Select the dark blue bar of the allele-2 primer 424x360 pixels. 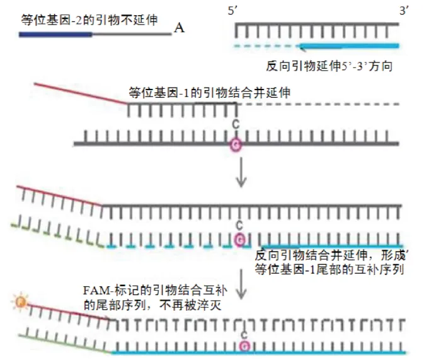pos(55,34)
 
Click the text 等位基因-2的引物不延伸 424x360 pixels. pos(89,20)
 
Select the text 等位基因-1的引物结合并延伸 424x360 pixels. pos(209,92)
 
